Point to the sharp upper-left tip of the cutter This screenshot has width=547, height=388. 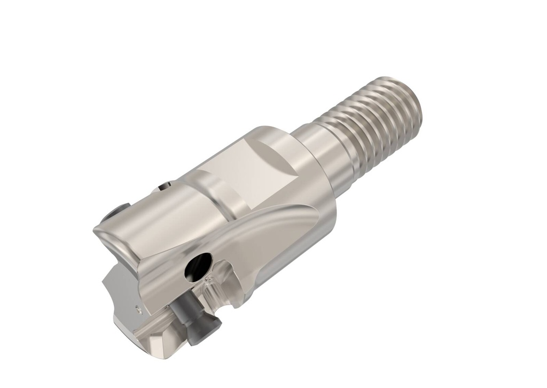(x=96, y=229)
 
